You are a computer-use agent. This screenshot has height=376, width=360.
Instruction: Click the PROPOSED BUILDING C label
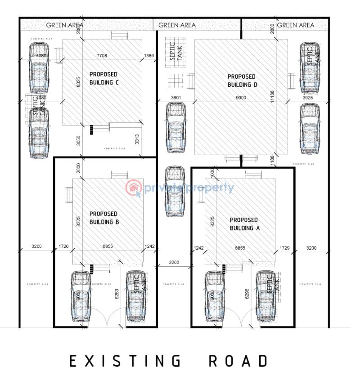(103, 78)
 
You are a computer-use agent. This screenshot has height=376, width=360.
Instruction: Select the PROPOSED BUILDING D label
(242, 81)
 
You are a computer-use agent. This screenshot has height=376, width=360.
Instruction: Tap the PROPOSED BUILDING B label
(103, 218)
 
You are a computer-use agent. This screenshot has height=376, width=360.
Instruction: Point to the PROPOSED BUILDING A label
(244, 224)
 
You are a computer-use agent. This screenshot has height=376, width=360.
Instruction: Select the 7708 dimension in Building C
(102, 55)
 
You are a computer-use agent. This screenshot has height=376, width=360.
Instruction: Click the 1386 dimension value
(149, 55)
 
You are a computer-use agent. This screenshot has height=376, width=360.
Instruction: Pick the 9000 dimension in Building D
(241, 98)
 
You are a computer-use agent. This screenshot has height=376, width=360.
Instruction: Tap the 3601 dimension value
(176, 98)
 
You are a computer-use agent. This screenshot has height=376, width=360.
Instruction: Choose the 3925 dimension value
(308, 98)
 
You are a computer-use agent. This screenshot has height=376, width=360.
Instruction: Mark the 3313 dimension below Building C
(136, 140)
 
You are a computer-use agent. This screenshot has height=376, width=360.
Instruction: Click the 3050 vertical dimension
(79, 140)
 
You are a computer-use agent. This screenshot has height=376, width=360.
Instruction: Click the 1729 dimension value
(284, 248)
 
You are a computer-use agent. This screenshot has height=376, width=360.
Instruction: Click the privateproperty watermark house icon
(133, 188)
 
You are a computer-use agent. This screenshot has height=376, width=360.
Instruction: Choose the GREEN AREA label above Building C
(68, 25)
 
